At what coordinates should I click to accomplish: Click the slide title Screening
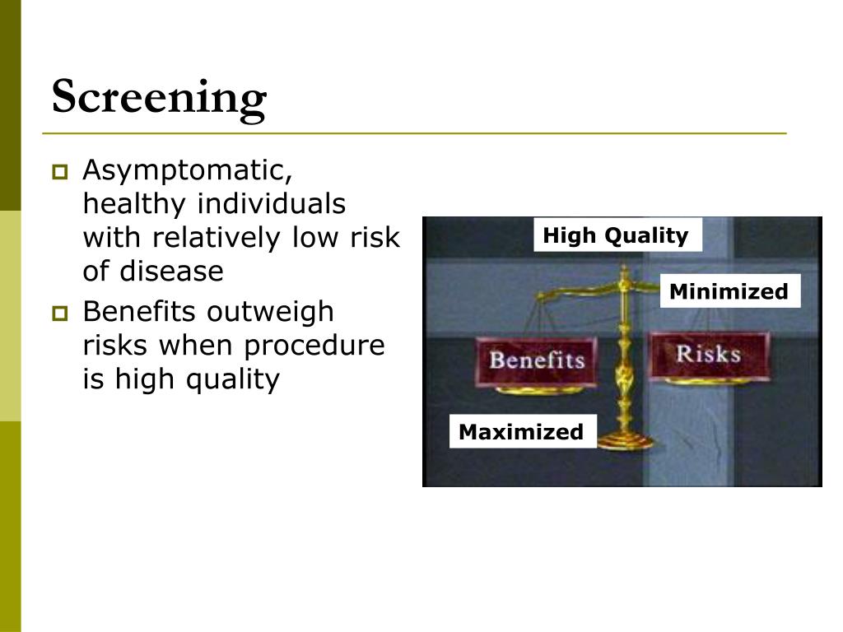(x=159, y=98)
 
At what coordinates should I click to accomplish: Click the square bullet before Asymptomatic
(x=59, y=173)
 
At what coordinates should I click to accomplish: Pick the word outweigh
(x=271, y=313)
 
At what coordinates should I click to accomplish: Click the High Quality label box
(x=616, y=235)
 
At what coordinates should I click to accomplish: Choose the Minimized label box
(x=729, y=291)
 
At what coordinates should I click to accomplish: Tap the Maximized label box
(x=521, y=432)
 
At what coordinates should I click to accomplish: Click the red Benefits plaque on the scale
(x=537, y=360)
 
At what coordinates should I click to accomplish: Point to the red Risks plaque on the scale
(x=708, y=355)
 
